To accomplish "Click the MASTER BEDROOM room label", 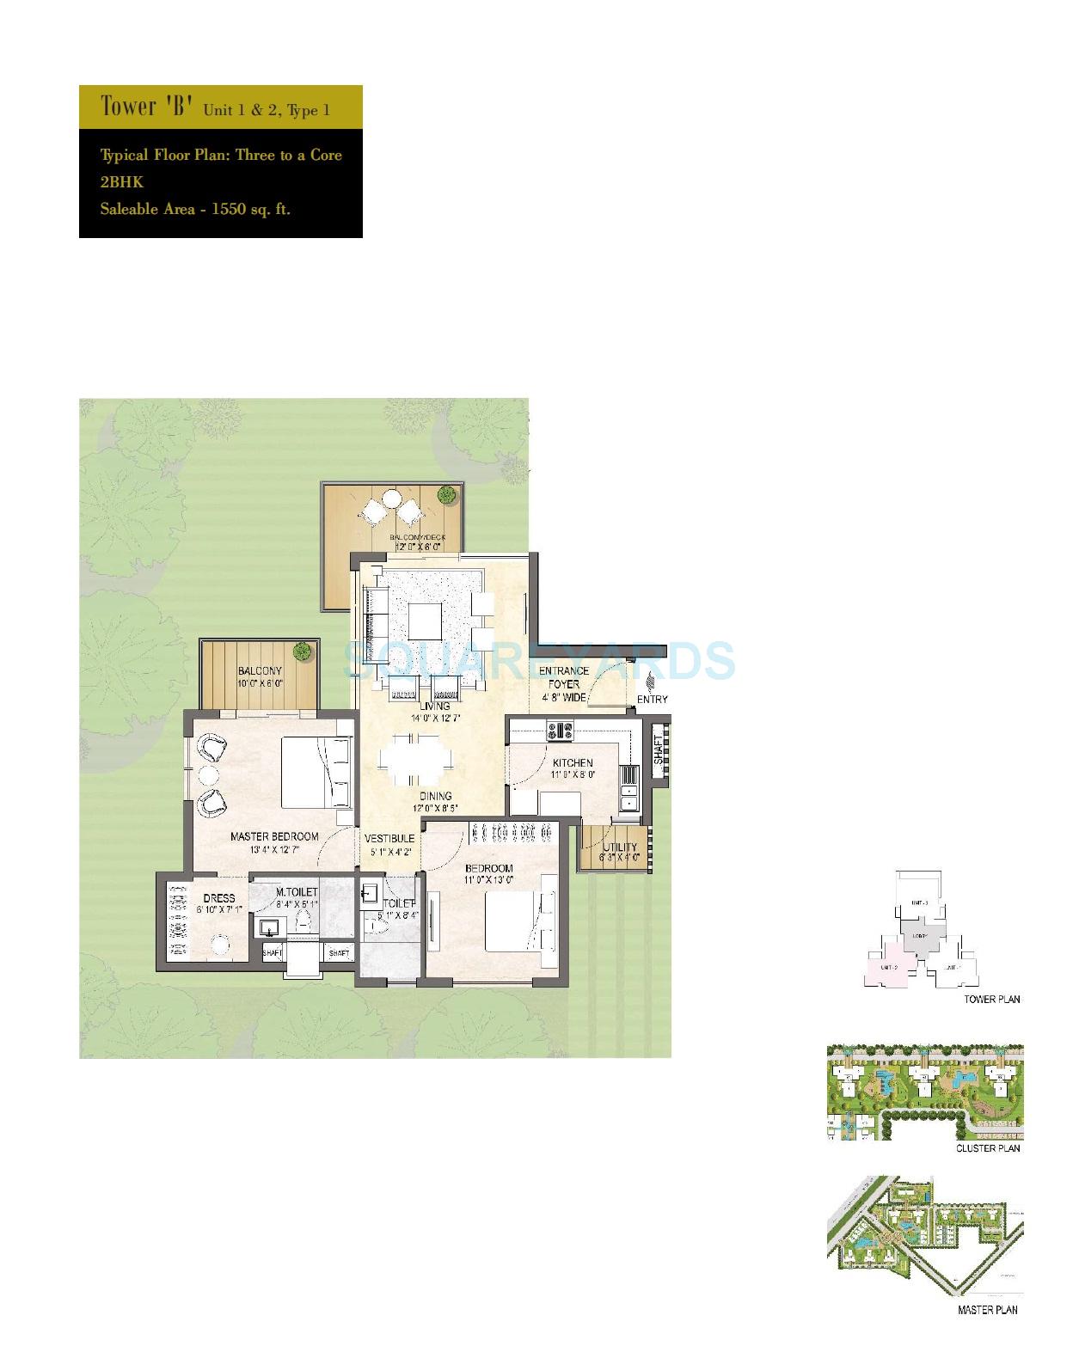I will [273, 836].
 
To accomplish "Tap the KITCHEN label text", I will [573, 762].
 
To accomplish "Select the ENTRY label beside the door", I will [653, 699].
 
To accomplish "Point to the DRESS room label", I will [218, 898].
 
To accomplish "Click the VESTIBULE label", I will [389, 838].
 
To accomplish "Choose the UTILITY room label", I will [620, 847].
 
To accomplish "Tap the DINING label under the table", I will [436, 796].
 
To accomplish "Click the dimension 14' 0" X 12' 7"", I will [436, 718].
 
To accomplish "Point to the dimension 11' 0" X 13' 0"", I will [488, 880].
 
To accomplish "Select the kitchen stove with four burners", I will [561, 731].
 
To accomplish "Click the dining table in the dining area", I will [414, 760].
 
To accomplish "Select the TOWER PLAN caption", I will [991, 1000].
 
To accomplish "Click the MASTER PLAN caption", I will [988, 1310].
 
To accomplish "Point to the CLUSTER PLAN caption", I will [988, 1148].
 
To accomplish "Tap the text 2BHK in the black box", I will [121, 182].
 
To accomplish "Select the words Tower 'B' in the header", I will [143, 107].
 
